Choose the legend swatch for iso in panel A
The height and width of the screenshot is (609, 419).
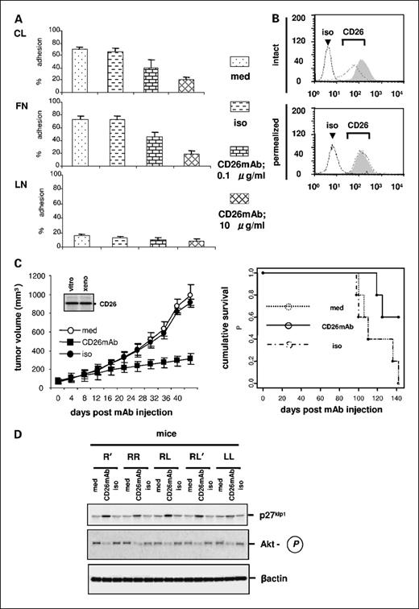tap(242, 106)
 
